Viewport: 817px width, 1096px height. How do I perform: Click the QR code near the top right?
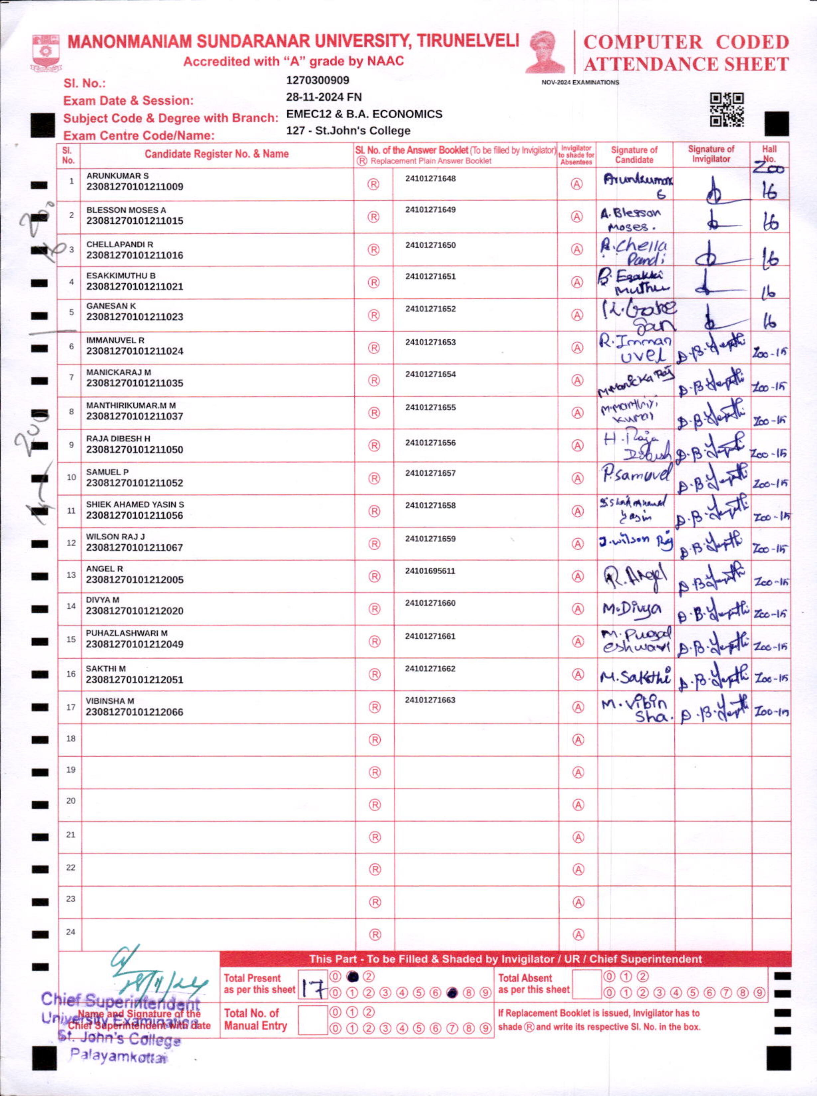(x=727, y=110)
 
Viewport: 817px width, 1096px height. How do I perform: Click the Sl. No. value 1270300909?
(x=318, y=80)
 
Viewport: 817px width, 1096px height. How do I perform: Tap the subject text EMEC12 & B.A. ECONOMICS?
(x=364, y=114)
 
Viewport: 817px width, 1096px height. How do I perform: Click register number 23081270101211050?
(x=135, y=450)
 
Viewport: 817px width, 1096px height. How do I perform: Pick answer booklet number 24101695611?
(x=430, y=571)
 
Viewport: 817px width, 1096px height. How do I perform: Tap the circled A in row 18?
(x=578, y=740)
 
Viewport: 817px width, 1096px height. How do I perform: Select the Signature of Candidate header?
(x=634, y=155)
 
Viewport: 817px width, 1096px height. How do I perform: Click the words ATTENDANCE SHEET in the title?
(x=686, y=64)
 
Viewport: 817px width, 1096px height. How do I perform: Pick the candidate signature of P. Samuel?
(x=636, y=475)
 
